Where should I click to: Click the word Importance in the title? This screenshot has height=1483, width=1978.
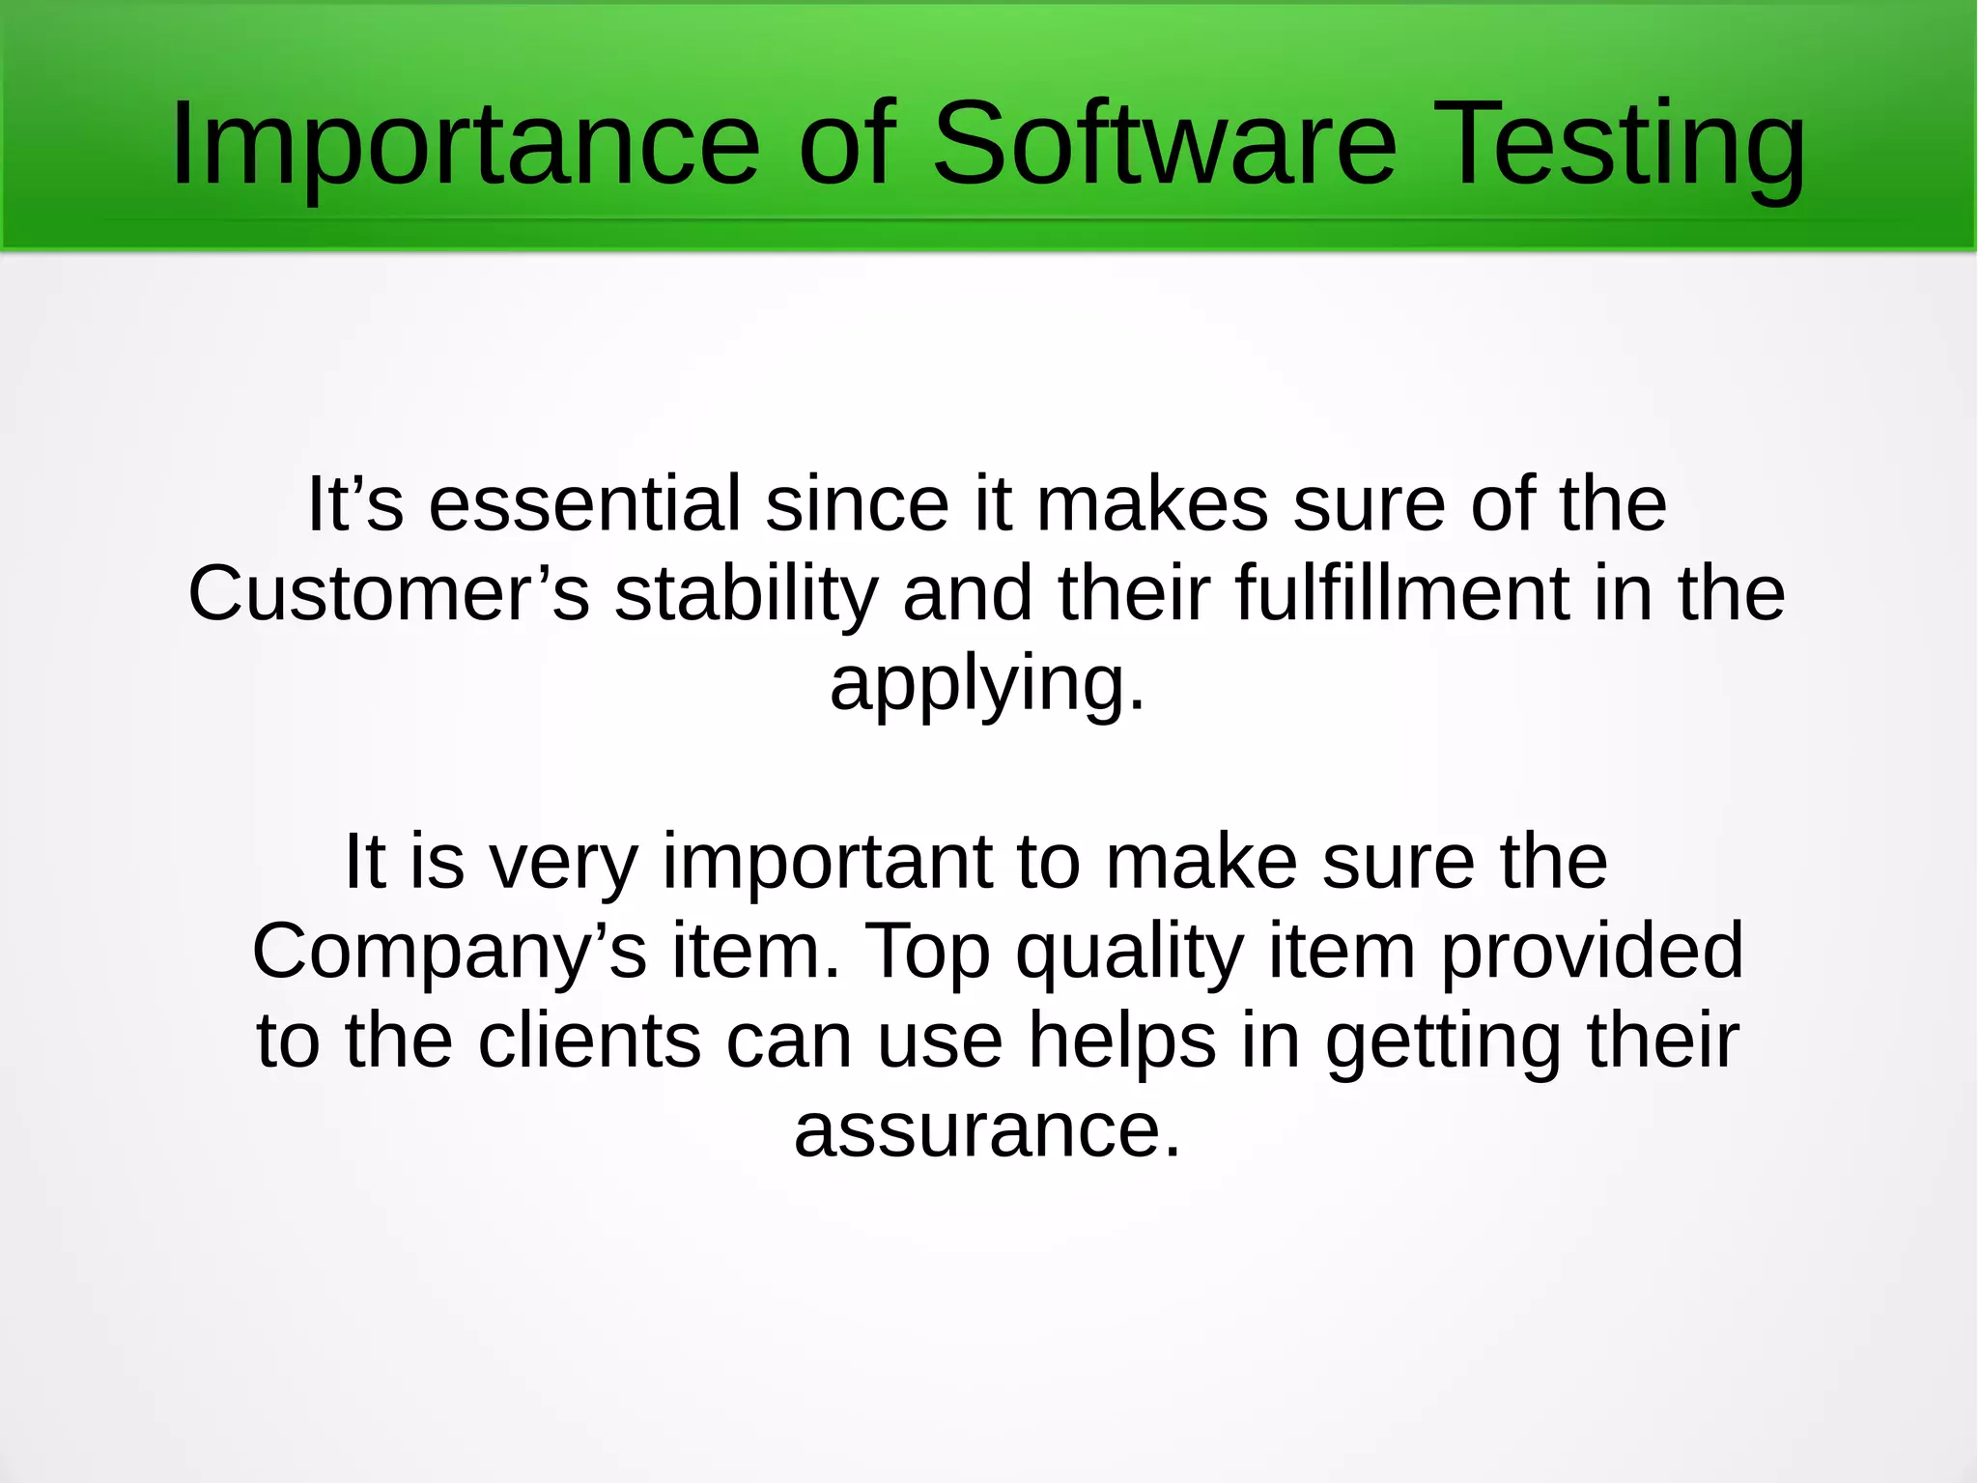tap(465, 145)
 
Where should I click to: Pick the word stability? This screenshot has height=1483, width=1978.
tap(746, 594)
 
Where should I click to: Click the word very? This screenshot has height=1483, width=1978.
tap(564, 862)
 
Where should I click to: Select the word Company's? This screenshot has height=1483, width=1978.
tap(449, 952)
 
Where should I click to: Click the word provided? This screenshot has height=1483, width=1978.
tap(1592, 952)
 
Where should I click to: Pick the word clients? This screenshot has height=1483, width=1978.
tap(589, 1041)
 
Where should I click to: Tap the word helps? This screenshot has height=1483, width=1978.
tap(1121, 1042)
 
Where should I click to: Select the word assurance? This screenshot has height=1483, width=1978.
tap(987, 1130)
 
